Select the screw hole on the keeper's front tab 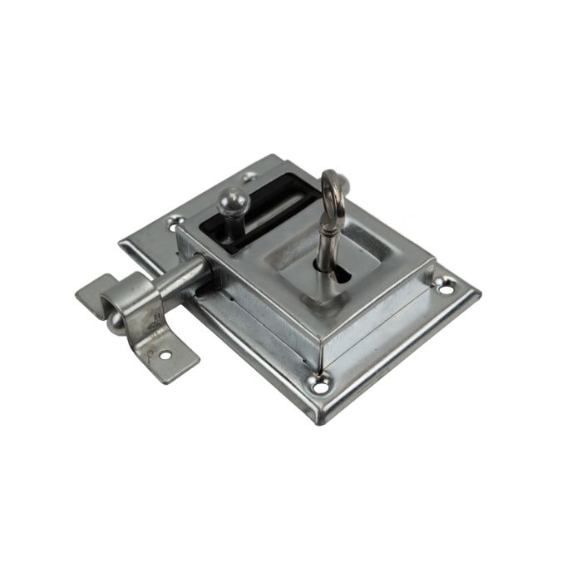(x=165, y=355)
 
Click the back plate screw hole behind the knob (x=249, y=176)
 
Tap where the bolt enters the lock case (x=210, y=265)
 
